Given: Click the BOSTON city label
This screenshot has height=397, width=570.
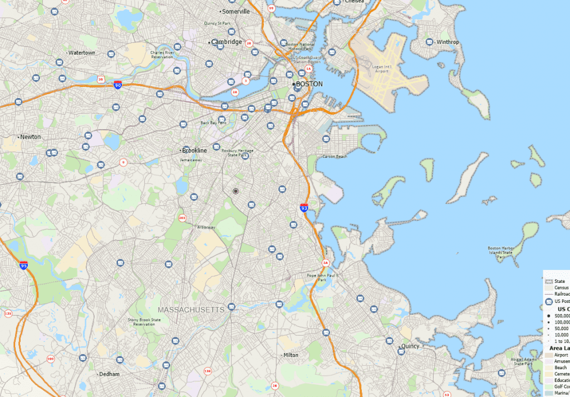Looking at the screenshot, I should click(x=309, y=84).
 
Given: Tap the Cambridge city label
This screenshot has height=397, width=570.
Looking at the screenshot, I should click(x=227, y=42).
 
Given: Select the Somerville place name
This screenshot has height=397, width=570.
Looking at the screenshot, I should click(x=236, y=11).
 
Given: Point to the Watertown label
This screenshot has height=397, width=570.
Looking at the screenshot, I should click(x=82, y=53).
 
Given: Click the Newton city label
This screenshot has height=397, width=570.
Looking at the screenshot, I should click(x=31, y=137).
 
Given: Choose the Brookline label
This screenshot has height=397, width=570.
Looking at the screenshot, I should click(x=195, y=151).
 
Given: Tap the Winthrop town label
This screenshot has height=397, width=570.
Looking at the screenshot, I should click(x=448, y=42).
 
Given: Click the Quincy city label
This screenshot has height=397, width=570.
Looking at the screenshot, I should click(x=411, y=346).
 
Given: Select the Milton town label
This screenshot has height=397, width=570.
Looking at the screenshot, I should click(x=291, y=355).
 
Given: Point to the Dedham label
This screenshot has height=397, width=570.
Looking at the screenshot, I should click(x=109, y=374).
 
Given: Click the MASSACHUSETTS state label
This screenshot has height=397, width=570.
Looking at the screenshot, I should click(x=191, y=310).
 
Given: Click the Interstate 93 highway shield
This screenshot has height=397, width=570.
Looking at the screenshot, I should click(x=303, y=208).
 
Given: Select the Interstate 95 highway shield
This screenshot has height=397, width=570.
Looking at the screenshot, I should click(x=23, y=266).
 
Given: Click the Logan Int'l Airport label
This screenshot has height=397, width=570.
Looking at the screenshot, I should click(x=382, y=68).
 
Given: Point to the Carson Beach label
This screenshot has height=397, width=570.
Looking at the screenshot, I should click(x=335, y=156).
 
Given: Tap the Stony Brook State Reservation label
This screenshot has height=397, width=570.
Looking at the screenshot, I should click(x=144, y=322).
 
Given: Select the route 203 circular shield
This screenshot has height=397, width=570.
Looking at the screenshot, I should click(x=182, y=218).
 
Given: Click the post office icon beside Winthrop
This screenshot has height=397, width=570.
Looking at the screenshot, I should click(x=430, y=42).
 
